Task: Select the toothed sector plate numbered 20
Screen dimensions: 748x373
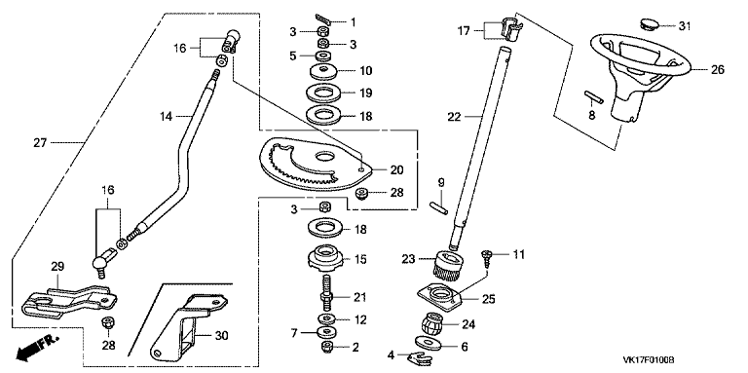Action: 316,164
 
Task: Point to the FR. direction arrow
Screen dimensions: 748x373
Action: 37,348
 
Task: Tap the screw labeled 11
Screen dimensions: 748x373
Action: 488,259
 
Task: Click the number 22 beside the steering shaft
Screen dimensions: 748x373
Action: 455,116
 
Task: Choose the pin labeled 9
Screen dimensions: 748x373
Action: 439,208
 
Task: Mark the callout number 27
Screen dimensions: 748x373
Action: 41,142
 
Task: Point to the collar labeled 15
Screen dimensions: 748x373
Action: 327,258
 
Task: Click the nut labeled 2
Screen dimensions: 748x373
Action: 327,347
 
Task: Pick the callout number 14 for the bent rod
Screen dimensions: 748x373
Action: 167,116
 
